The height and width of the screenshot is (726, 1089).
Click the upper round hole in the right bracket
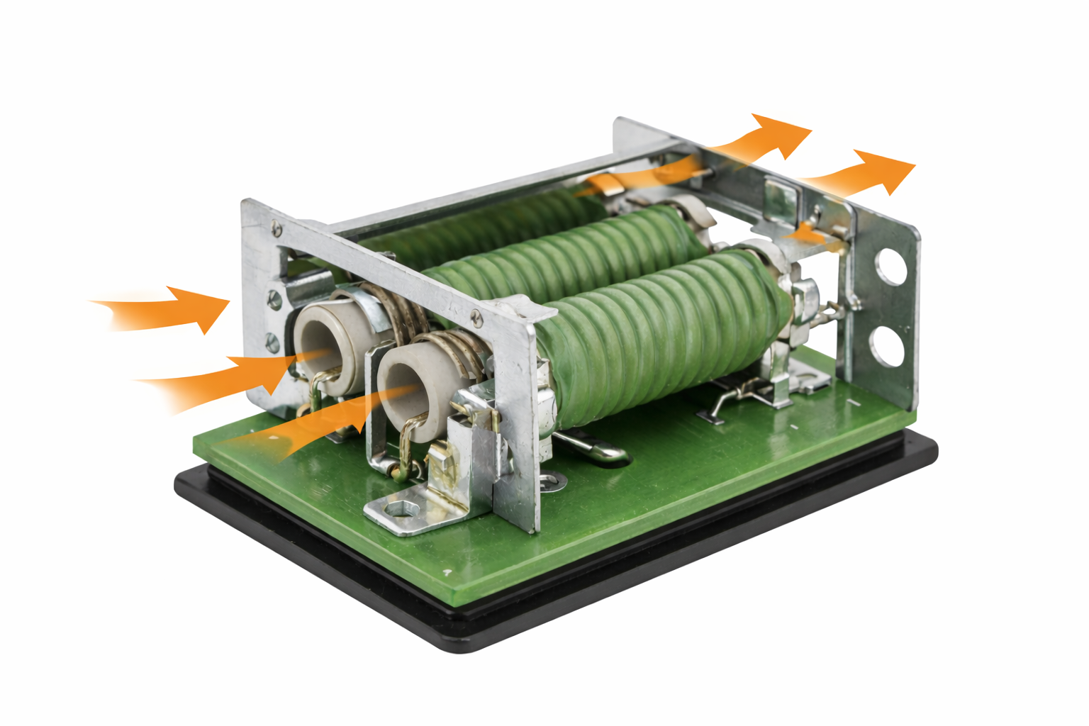pyautogui.click(x=891, y=267)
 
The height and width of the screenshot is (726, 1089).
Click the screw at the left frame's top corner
pyautogui.click(x=276, y=228)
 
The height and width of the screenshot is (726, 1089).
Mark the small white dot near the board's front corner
pyautogui.click(x=447, y=571)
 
